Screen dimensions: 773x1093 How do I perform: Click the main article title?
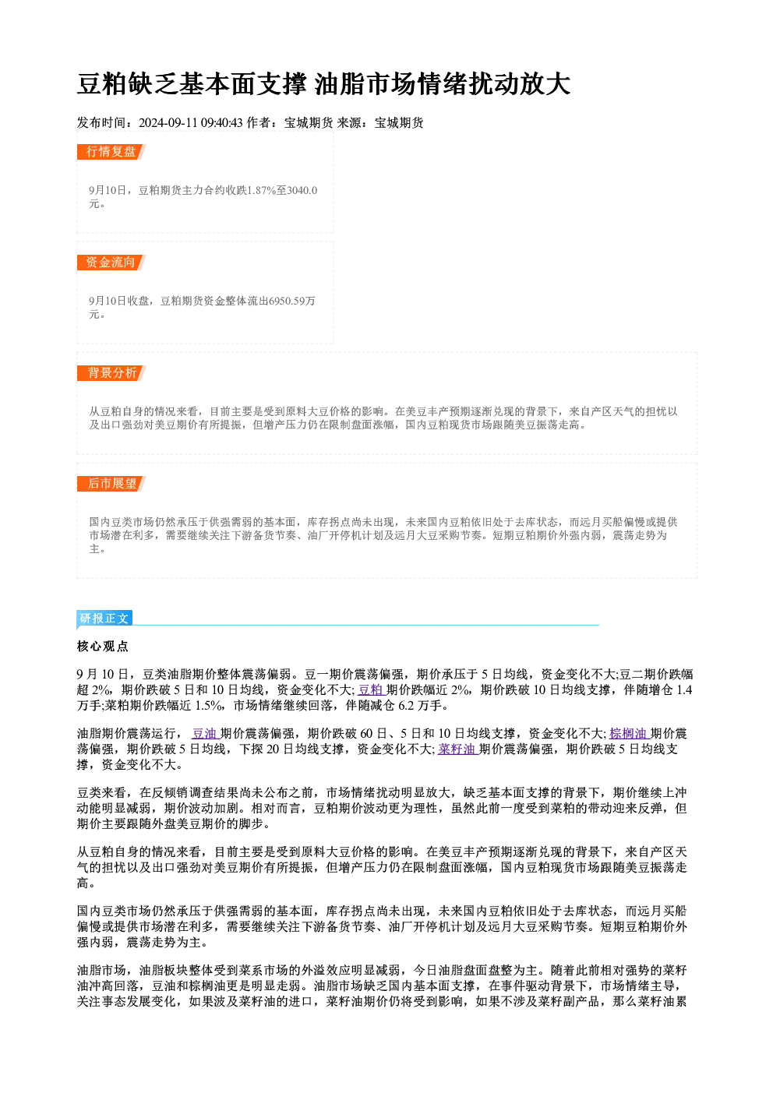click(323, 84)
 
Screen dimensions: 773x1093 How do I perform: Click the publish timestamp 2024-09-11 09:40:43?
click(191, 122)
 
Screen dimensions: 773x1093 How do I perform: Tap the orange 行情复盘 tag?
click(111, 151)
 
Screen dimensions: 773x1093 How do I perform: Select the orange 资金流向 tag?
click(111, 262)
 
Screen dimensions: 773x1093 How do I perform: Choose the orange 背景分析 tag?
click(111, 373)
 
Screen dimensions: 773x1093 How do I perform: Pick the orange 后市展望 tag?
click(111, 484)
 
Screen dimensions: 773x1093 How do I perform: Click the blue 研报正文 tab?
click(104, 619)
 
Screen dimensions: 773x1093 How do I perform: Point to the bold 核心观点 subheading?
click(103, 647)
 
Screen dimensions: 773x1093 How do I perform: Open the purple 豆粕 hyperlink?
click(371, 689)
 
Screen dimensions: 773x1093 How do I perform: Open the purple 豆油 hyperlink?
click(205, 733)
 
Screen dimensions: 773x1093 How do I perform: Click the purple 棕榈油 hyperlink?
click(629, 733)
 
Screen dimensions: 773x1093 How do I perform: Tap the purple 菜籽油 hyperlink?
click(457, 749)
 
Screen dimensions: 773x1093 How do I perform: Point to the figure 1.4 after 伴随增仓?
click(684, 689)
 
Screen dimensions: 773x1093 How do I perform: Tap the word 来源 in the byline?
click(349, 122)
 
